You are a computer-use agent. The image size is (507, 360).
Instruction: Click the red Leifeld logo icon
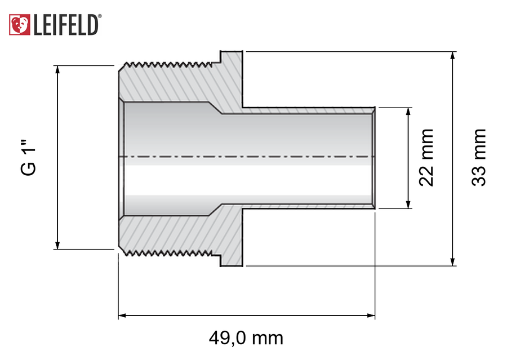coord(19,25)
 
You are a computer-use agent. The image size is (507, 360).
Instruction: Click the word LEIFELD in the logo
coord(65,25)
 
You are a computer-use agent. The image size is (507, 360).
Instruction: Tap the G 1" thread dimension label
coord(29,158)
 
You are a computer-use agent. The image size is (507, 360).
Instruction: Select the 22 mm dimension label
coord(426,158)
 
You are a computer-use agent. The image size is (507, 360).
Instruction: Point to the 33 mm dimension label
coord(478,158)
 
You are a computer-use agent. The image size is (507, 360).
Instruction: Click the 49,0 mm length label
coord(246,338)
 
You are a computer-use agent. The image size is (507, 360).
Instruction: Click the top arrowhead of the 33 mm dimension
coord(452,55)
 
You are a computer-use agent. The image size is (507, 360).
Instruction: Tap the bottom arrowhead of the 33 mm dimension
coord(452,262)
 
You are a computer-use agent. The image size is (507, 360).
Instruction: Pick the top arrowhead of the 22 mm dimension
coord(408,112)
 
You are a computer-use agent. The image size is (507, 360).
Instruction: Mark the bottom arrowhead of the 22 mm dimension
coord(408,205)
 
